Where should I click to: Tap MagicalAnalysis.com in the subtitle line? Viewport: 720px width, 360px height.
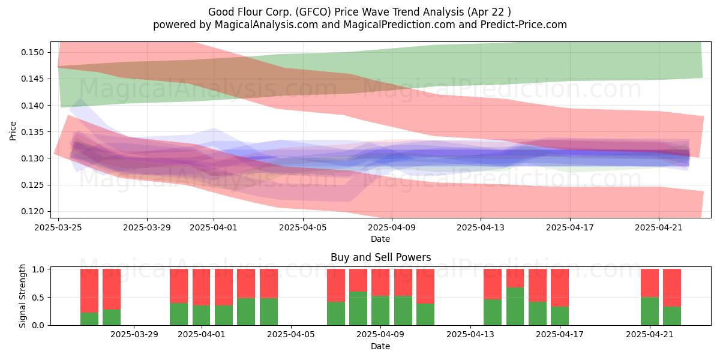[266, 25]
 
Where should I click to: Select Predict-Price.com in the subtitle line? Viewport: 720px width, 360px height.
[524, 25]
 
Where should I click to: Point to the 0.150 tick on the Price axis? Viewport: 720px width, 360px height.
[32, 52]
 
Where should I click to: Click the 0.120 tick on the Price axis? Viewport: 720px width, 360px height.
[32, 211]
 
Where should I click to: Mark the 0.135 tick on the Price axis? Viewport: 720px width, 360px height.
[32, 132]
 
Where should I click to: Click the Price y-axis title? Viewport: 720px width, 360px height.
[13, 131]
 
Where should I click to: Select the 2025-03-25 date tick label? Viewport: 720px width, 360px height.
[58, 227]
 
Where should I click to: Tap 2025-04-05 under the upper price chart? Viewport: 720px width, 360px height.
[303, 227]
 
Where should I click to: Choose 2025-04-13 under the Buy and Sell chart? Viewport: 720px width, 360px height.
[470, 334]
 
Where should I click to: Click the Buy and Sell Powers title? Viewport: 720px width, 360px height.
[380, 257]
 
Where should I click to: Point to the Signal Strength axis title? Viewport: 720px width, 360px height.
[22, 296]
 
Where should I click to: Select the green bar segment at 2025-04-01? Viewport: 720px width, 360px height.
[201, 316]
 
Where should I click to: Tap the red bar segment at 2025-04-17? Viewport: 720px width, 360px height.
[560, 287]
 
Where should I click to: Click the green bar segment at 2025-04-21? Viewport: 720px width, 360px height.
[650, 311]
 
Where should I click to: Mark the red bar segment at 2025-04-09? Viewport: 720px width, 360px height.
[380, 282]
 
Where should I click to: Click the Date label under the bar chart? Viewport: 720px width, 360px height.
[380, 347]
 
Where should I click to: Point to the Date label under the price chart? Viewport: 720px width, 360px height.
[380, 239]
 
